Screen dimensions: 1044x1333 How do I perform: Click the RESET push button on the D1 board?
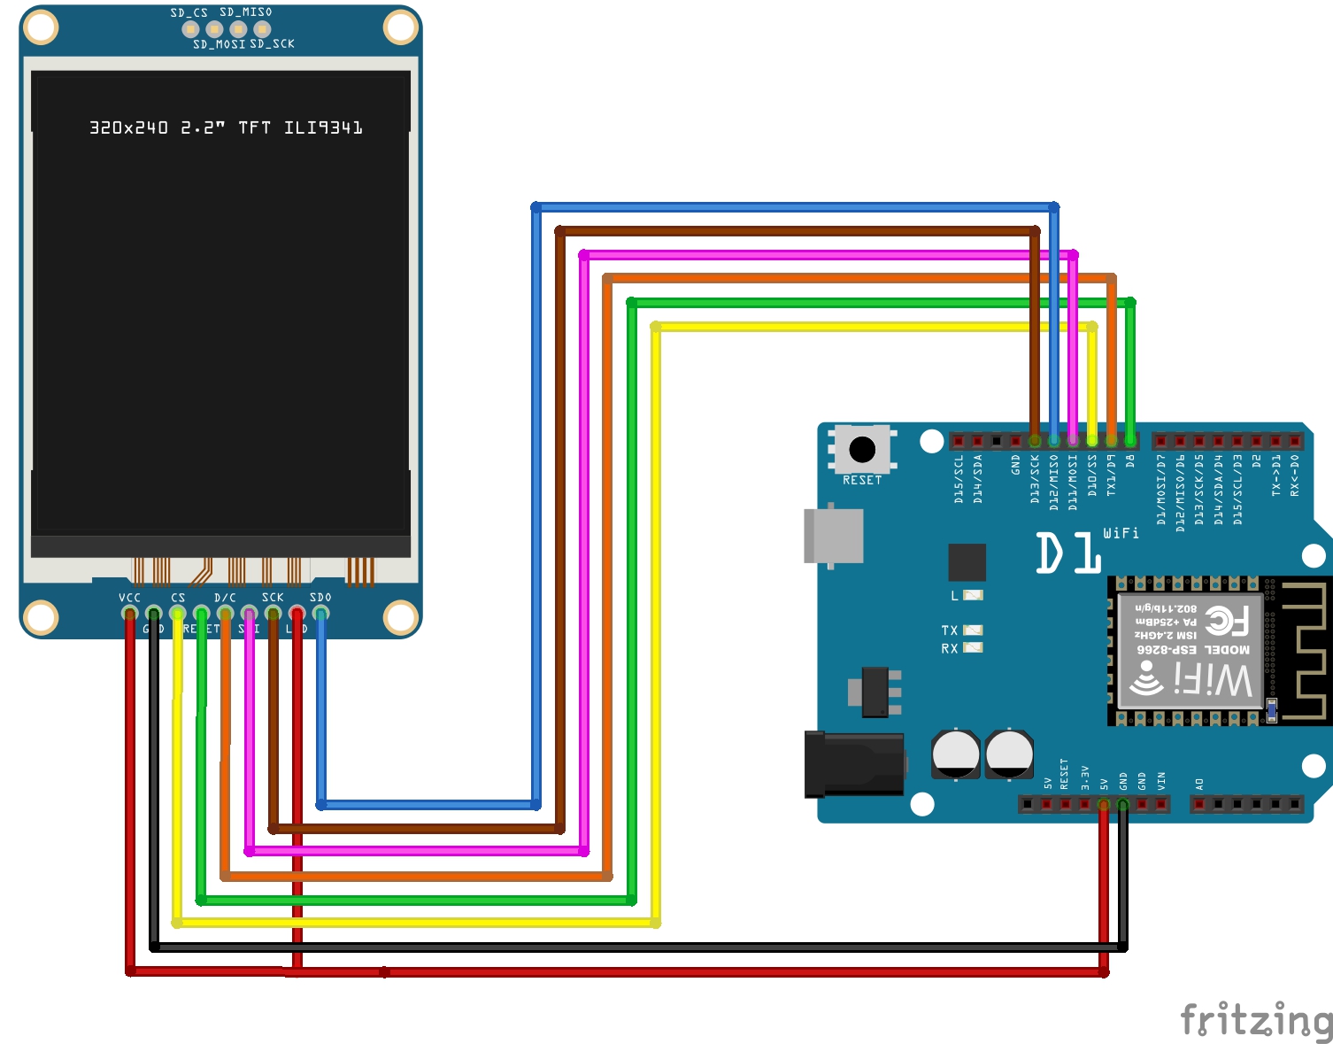862,450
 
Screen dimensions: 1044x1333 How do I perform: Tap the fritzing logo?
1256,1020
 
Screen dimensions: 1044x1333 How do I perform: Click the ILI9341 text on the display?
323,128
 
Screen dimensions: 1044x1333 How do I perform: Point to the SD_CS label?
189,12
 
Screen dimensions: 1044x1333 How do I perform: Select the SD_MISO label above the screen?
245,12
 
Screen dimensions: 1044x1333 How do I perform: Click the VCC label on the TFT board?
129,598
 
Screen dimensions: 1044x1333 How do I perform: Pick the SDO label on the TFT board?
320,598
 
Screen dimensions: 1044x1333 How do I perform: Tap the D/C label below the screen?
225,598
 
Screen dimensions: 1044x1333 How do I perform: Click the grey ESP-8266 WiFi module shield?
1190,651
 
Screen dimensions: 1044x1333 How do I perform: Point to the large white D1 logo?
1068,553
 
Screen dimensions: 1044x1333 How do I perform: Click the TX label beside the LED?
949,630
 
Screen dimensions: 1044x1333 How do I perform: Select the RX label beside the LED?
949,648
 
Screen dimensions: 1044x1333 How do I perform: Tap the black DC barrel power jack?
853,763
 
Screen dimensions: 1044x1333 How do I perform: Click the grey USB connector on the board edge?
833,536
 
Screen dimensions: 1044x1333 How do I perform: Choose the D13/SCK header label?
1035,479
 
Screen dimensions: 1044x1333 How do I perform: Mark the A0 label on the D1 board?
1199,784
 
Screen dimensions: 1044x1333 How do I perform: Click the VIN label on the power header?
1161,781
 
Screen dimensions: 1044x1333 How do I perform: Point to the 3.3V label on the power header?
1084,778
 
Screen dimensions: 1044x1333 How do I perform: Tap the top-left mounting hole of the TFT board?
41,27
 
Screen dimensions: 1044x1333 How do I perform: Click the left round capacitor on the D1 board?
955,754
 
